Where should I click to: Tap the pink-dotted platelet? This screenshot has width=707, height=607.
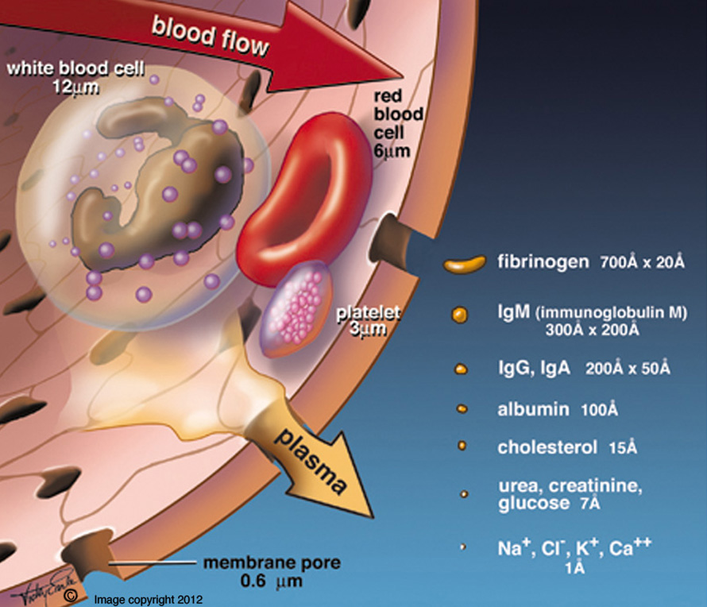coord(297,306)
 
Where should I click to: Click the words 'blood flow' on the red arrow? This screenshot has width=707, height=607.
coord(210,37)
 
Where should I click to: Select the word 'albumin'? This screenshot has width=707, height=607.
coord(532,410)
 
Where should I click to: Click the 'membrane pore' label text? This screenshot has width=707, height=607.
coord(272,563)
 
